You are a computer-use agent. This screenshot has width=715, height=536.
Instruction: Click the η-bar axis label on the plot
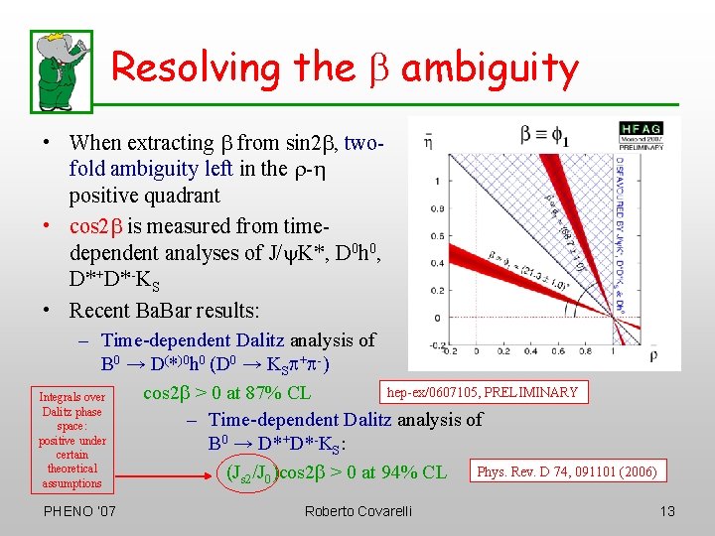(x=428, y=141)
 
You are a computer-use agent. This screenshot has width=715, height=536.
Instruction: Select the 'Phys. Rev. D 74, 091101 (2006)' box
(x=566, y=471)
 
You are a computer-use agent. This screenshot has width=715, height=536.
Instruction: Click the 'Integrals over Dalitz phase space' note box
(x=71, y=440)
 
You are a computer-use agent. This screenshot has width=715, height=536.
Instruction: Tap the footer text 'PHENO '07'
(x=78, y=511)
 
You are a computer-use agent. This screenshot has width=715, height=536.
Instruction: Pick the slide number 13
(x=666, y=511)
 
